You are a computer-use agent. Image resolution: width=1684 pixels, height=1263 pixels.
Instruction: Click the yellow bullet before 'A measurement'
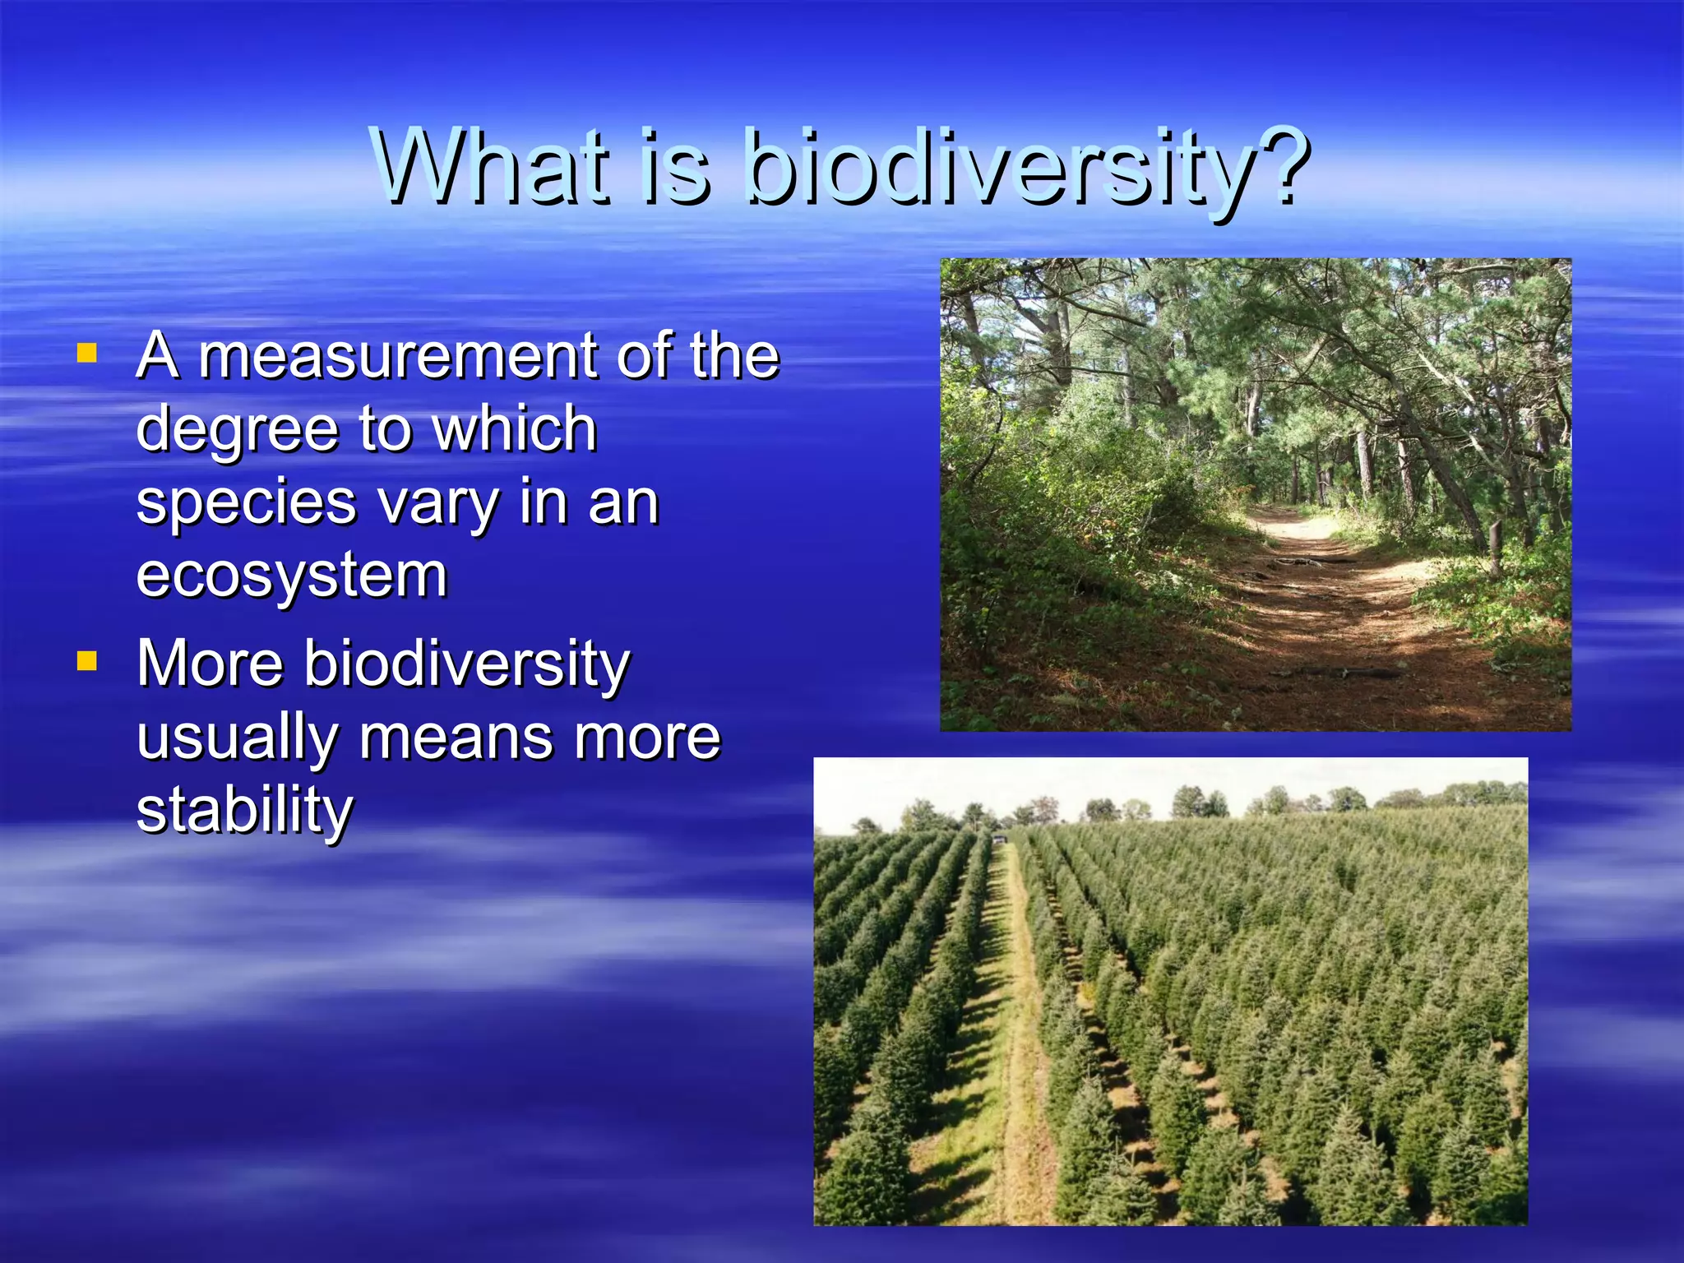[86, 354]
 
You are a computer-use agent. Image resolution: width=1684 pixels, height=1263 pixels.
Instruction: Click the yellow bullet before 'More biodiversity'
[86, 660]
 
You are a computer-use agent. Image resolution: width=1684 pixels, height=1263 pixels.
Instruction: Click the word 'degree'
[238, 430]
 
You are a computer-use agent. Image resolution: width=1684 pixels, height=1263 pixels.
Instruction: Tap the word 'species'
[246, 503]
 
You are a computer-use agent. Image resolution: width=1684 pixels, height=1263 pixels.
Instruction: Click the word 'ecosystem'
[291, 576]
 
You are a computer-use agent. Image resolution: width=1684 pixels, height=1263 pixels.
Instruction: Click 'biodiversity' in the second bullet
[466, 664]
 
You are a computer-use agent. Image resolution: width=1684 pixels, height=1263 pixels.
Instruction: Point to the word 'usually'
[238, 738]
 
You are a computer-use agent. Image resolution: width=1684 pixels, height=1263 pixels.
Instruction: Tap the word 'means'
[456, 738]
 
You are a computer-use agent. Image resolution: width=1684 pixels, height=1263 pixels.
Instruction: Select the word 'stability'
[244, 811]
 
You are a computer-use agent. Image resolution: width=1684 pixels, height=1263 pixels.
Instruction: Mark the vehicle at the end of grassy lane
[998, 839]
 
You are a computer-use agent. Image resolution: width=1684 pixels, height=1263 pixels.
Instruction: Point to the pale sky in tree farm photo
[1151, 781]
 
